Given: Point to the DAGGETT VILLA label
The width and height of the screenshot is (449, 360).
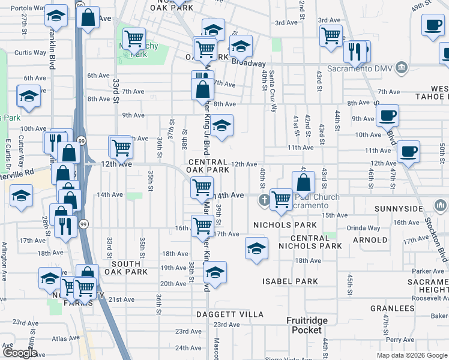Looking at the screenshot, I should pos(230,314).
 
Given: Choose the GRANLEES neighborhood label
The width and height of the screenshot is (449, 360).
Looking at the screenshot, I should pos(393,308).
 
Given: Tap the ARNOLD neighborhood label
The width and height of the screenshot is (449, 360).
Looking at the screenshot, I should pos(370,240).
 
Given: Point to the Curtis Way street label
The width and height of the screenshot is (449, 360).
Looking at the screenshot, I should pos(31,52).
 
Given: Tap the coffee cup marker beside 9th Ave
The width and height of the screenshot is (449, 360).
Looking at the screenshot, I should pos(388,115).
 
